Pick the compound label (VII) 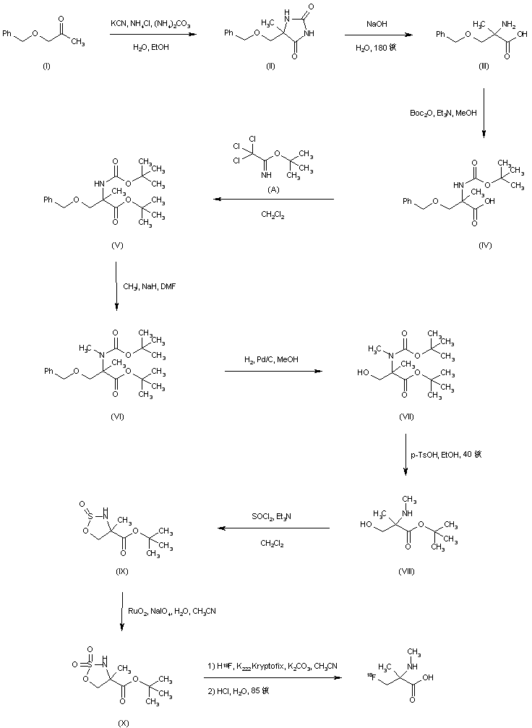406,419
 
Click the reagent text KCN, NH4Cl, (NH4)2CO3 151,24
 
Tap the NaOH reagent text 376,24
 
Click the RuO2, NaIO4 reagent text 171,611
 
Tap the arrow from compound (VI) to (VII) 273,372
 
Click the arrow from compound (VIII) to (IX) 275,528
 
